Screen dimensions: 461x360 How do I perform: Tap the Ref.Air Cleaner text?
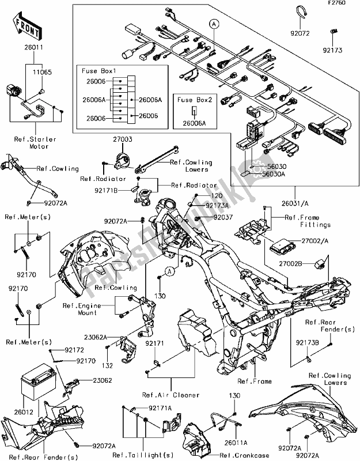point(170,395)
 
